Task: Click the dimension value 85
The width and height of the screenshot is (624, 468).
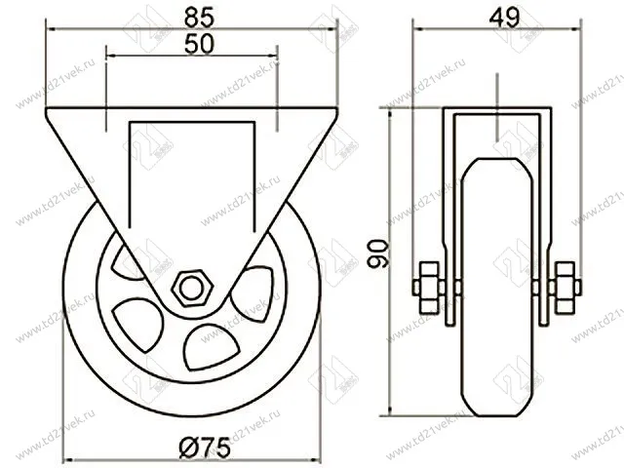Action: (x=191, y=16)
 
